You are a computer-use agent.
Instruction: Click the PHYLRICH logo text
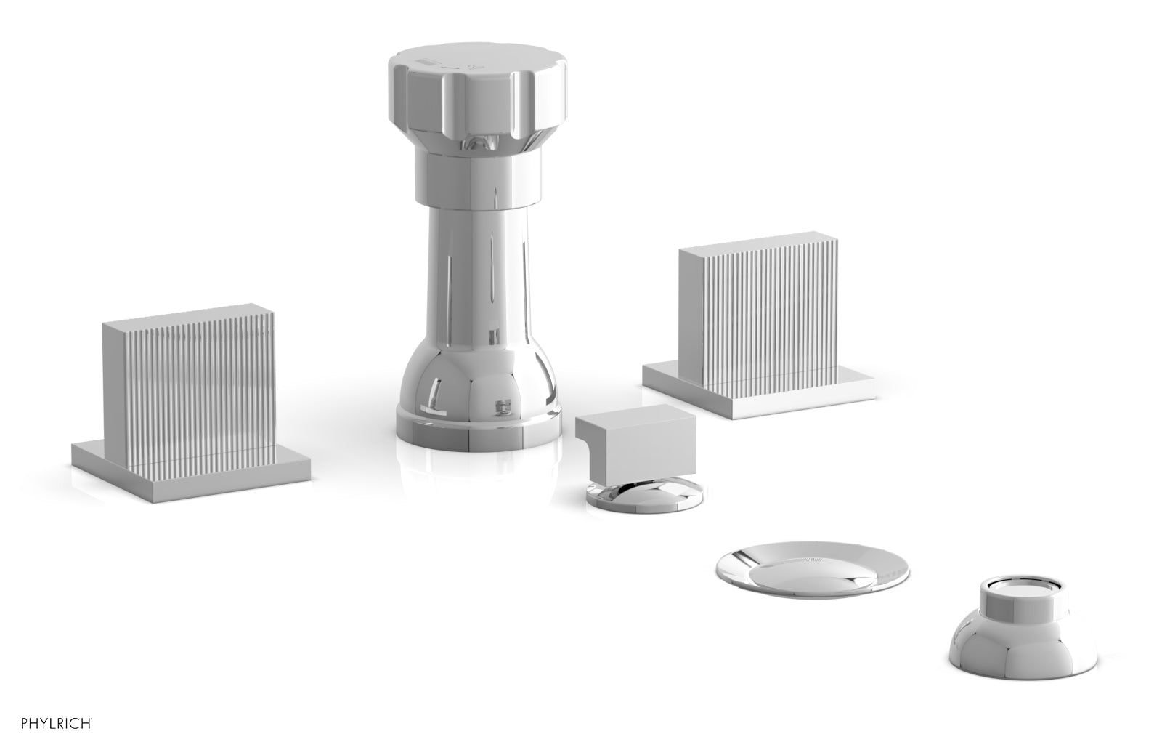[57, 723]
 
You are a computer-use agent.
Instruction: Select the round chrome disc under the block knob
[644, 495]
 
